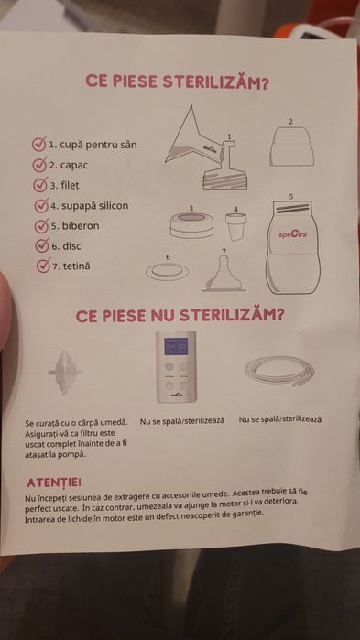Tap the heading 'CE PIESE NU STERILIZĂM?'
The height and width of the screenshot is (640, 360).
[x=180, y=315]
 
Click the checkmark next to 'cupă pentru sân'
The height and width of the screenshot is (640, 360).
[x=39, y=144]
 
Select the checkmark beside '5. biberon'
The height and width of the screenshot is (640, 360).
[x=41, y=225]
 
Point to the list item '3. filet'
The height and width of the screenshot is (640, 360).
[x=64, y=185]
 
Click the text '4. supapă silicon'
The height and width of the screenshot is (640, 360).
[x=90, y=206]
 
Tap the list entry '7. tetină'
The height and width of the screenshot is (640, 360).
[x=71, y=266]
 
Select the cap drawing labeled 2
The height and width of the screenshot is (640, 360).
[x=291, y=146]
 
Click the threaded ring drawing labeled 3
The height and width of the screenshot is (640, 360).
[x=191, y=224]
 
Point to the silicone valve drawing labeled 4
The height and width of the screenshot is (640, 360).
[x=236, y=226]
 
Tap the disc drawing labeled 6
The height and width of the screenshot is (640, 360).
[x=168, y=271]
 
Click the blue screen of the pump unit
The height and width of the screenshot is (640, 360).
[x=176, y=346]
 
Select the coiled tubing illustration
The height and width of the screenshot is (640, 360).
[x=279, y=370]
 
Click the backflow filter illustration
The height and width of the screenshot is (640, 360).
[x=64, y=372]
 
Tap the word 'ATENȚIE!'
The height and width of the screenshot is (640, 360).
[x=53, y=482]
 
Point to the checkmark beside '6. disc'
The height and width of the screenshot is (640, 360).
[x=42, y=245]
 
